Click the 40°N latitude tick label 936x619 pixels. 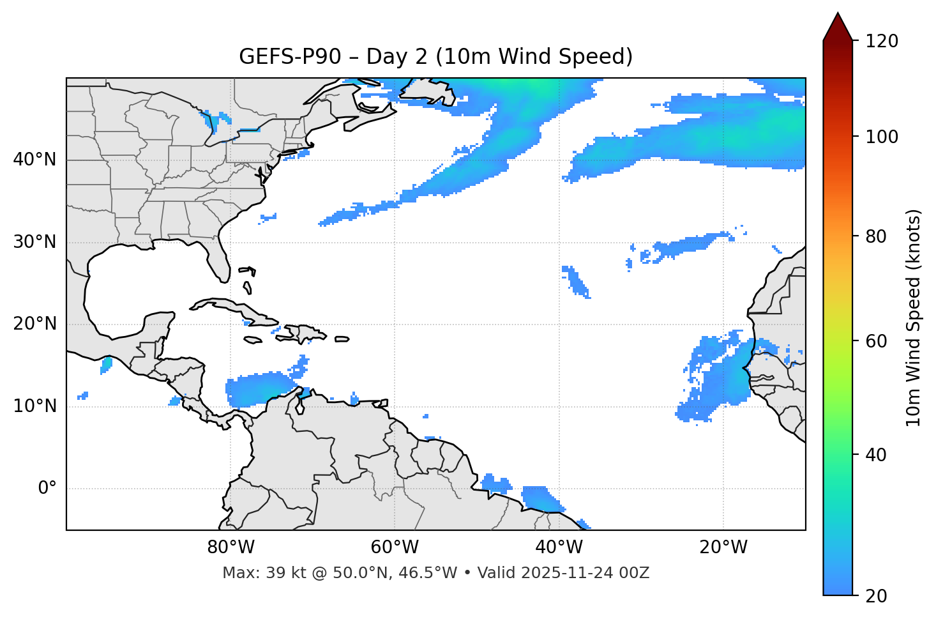pyautogui.click(x=34, y=160)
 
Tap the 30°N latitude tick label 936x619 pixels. pyautogui.click(x=34, y=242)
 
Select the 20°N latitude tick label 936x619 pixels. pyautogui.click(x=34, y=324)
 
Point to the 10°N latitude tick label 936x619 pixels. pyautogui.click(x=34, y=406)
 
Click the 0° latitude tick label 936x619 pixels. pyautogui.click(x=47, y=489)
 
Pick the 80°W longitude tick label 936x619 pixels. pyautogui.click(x=230, y=547)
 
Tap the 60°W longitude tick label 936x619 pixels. pyautogui.click(x=395, y=547)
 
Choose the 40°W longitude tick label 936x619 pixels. pyautogui.click(x=559, y=547)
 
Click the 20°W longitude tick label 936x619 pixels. pyautogui.click(x=723, y=547)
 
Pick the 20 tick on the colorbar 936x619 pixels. pyautogui.click(x=876, y=595)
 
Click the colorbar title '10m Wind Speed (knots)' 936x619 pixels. pyautogui.click(x=914, y=317)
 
